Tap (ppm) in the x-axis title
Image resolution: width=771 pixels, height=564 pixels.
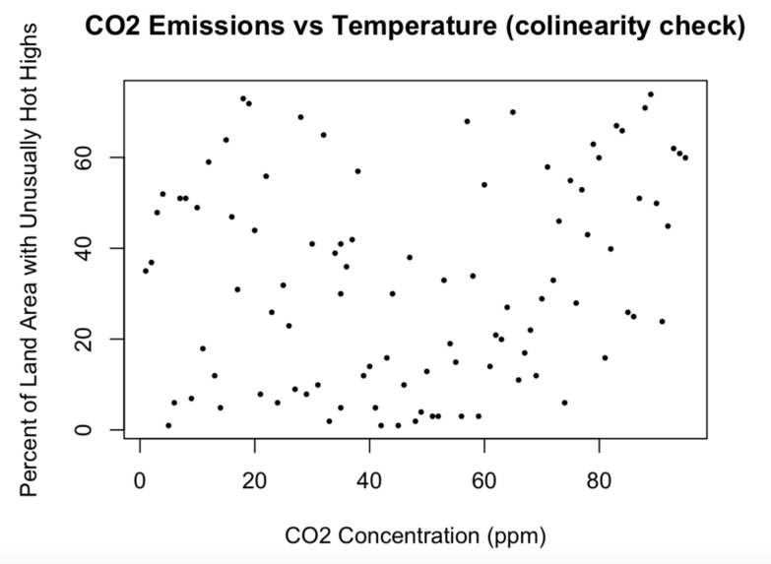(x=515, y=536)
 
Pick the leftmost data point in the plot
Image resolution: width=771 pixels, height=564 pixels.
(x=146, y=271)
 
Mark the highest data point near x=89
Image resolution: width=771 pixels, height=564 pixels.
(x=651, y=94)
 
